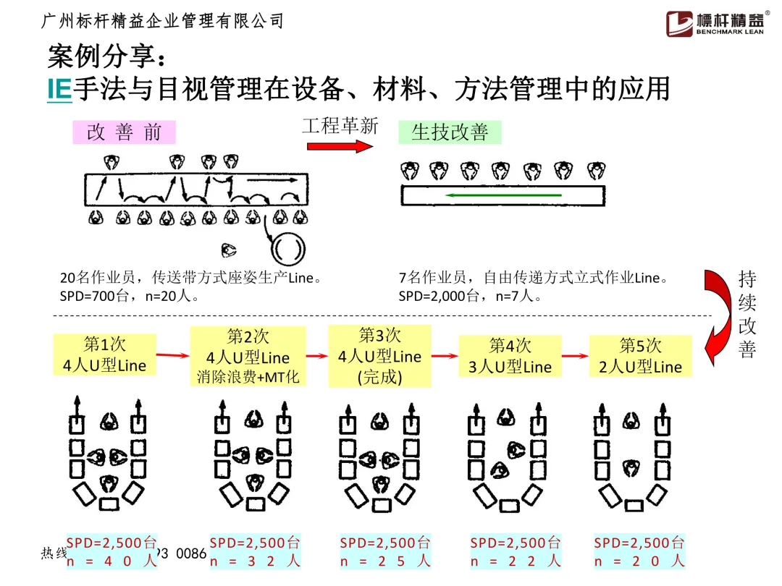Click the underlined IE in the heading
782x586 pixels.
coord(59,90)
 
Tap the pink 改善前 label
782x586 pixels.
coord(124,132)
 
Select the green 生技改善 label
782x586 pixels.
coord(450,132)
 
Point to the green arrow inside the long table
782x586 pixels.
coord(503,195)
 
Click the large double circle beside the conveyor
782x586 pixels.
coord(287,249)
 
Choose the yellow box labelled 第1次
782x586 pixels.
coord(94,354)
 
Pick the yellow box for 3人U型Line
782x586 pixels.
coord(510,356)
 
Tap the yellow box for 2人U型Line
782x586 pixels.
coord(640,356)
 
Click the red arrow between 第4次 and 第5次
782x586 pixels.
coord(575,355)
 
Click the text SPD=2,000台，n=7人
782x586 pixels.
coord(467,296)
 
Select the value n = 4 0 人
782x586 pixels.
coord(112,561)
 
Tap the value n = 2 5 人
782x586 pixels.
coord(385,561)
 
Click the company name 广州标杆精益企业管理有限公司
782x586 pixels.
coord(163,21)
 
